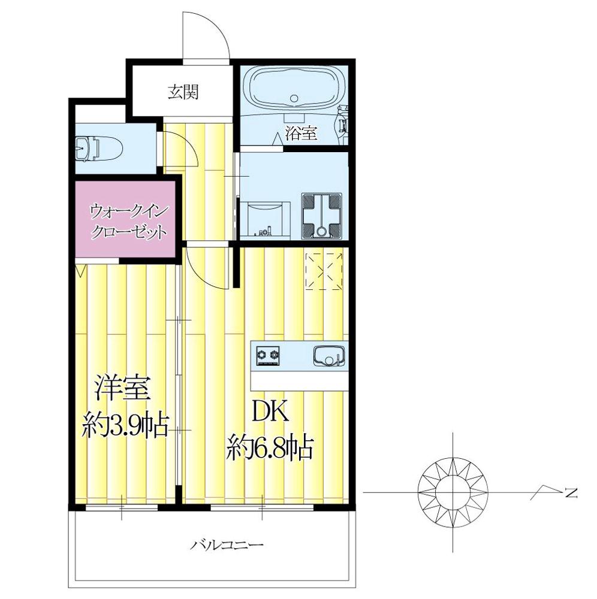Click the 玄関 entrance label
(x=183, y=92)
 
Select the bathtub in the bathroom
(x=293, y=89)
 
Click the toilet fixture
(x=99, y=147)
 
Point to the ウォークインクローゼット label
(x=127, y=221)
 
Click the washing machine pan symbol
(x=322, y=213)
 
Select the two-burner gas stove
(x=268, y=356)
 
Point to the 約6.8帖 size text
(x=270, y=446)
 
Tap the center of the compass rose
(x=452, y=492)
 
